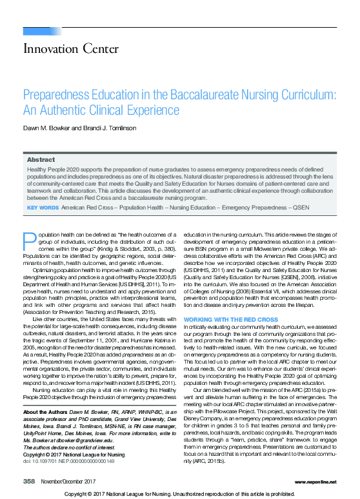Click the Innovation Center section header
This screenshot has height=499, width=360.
coord(61,48)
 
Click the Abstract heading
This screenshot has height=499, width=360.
coord(40,159)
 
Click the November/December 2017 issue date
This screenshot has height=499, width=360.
coord(67,481)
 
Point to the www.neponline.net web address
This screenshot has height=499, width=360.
coord(315,481)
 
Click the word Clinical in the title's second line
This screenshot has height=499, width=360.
coord(128,110)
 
